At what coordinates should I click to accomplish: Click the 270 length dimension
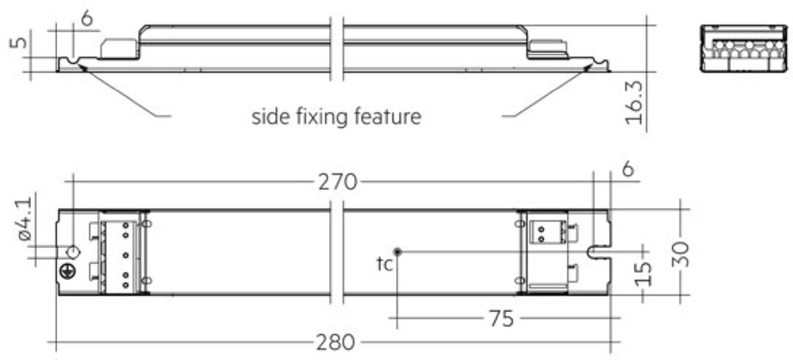pos(337,182)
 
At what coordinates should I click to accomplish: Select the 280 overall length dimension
pos(335,342)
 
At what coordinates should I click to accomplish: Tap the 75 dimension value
pos(502,319)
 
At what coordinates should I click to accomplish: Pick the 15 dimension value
pos(643,274)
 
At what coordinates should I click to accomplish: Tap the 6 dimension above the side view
pos(87,18)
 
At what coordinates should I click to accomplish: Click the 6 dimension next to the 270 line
pos(628,169)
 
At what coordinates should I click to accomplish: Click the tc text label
pos(385,264)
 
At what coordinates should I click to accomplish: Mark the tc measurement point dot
pos(397,252)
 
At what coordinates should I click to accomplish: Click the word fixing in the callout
pos(321,117)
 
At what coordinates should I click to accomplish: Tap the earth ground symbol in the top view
pos(68,271)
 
